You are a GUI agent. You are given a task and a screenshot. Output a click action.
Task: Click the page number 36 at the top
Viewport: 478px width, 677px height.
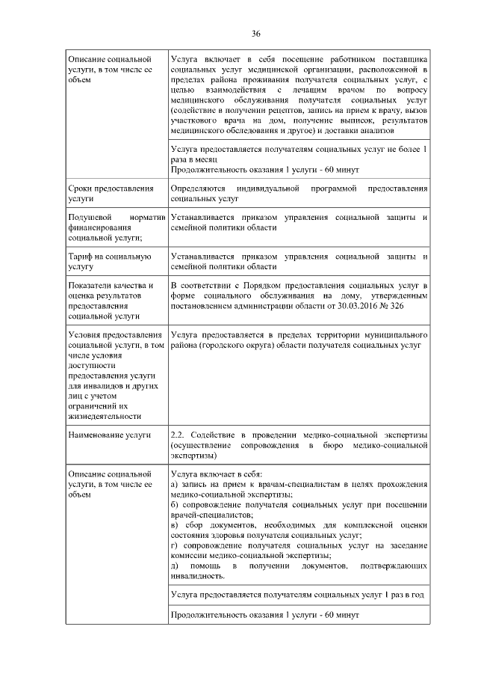pos(255,34)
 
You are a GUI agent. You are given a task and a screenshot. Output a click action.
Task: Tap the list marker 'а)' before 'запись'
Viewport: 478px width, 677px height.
pos(175,485)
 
